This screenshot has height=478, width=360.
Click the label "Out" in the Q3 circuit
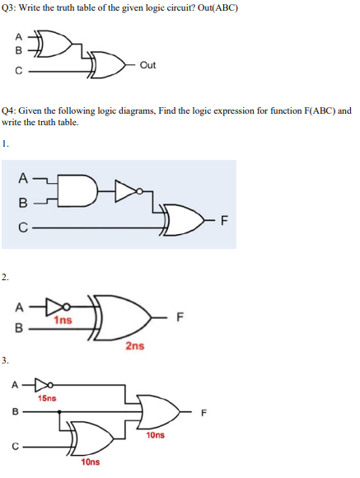tap(147, 64)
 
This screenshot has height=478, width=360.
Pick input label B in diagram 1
tap(26, 201)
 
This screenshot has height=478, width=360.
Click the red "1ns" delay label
tap(63, 318)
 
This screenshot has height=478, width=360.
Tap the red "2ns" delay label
tap(135, 346)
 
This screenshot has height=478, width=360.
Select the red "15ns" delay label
tap(48, 398)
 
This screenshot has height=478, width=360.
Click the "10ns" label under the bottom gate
tap(91, 463)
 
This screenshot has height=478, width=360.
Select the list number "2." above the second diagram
tap(6, 277)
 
